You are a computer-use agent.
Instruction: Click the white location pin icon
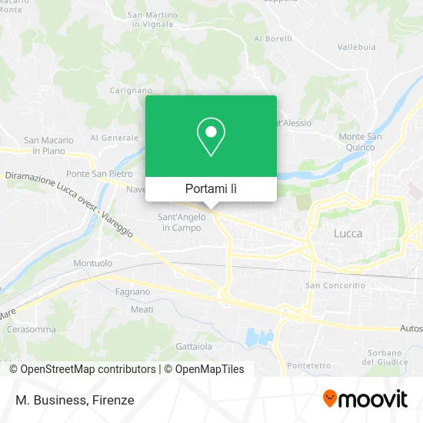[211, 137]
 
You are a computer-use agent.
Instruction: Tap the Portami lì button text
[211, 188]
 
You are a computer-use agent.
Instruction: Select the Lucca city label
[348, 233]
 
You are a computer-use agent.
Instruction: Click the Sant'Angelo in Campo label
[180, 222]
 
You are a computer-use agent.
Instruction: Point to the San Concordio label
[335, 285]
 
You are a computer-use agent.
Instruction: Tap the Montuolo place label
[92, 263]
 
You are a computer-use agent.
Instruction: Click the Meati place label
[142, 309]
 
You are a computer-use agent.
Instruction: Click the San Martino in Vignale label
[151, 19]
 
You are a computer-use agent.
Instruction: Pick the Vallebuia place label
[356, 47]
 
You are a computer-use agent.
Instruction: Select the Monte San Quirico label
[360, 142]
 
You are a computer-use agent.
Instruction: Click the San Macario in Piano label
[48, 145]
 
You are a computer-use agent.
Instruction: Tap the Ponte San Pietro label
[99, 174]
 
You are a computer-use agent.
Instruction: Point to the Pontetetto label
[307, 365]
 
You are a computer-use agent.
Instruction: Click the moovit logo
[365, 399]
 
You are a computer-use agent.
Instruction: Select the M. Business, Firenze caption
[74, 400]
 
